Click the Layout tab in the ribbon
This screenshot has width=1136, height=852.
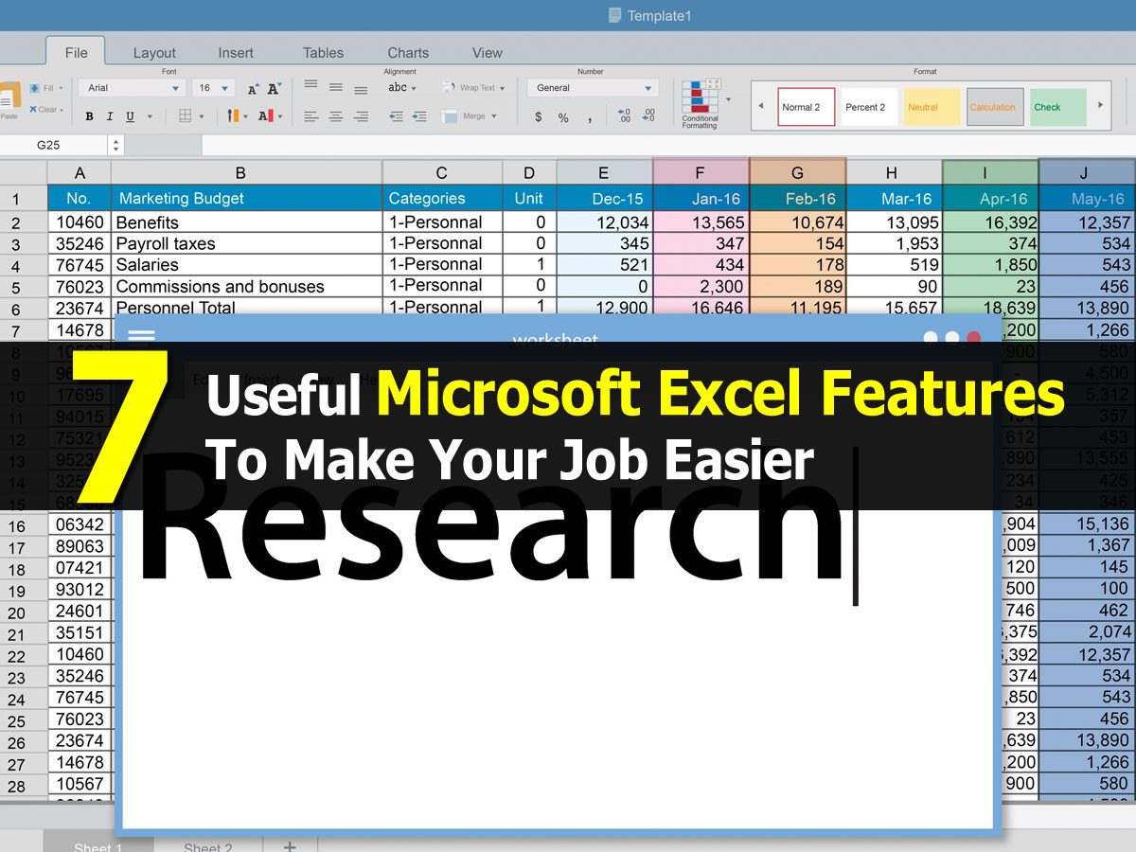pos(154,53)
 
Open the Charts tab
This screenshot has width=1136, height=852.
pos(408,53)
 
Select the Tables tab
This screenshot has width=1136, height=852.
pos(323,53)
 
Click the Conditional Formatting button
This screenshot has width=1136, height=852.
pos(701,102)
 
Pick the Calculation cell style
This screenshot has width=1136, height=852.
pos(992,107)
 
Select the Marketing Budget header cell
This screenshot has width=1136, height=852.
pos(246,199)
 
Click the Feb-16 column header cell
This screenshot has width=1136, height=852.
pos(798,199)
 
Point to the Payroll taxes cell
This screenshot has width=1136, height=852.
pos(246,243)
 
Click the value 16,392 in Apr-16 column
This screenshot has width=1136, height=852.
pos(990,222)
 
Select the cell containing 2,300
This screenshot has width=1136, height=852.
pos(701,286)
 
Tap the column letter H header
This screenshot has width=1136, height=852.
pos(892,172)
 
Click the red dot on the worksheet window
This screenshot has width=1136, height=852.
pos(973,338)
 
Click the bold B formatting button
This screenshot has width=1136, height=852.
pos(89,116)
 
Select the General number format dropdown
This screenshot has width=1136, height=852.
pos(592,88)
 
